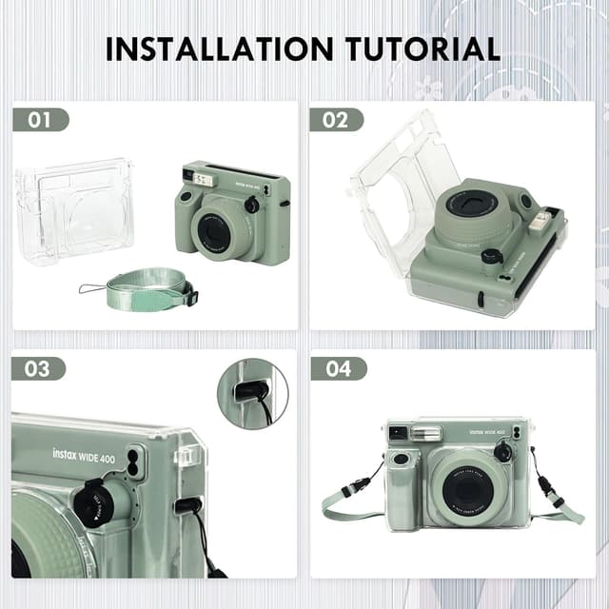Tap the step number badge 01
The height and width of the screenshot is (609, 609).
pos(40,120)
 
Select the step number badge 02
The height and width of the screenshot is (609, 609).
pos(336,120)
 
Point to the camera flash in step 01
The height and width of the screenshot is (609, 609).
pos(202,178)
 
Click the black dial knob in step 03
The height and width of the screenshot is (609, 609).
pos(95,502)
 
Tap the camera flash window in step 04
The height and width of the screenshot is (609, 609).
pos(426,434)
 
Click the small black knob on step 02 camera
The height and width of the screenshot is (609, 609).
pos(491,256)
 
